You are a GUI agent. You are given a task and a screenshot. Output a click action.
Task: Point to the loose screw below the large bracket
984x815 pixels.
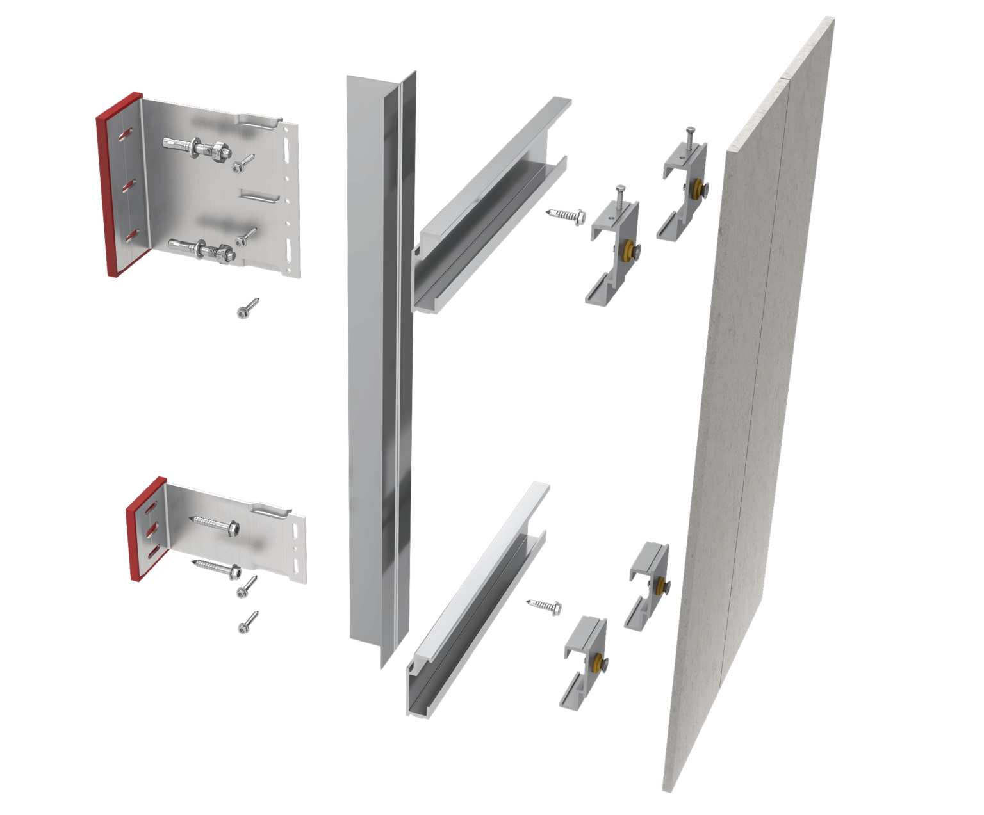click(247, 308)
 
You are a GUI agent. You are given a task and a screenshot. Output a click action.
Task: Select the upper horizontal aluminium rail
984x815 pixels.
click(490, 205)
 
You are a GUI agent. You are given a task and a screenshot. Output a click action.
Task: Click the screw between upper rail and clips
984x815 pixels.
click(566, 215)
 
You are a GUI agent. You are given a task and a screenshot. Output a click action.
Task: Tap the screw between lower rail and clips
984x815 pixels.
click(545, 606)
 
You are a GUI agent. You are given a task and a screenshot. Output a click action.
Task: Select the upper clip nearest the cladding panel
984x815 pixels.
click(682, 192)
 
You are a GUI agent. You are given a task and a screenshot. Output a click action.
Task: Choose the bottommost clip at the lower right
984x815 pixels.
click(584, 663)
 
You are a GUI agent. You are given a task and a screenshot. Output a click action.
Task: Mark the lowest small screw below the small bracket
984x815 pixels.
click(247, 622)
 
